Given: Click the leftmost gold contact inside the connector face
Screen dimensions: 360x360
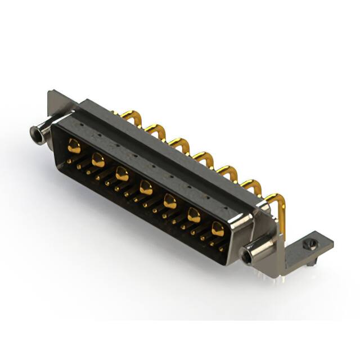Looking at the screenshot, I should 74,147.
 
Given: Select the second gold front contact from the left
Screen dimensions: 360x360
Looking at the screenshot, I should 98,160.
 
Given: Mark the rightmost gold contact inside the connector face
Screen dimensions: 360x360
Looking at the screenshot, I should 218,228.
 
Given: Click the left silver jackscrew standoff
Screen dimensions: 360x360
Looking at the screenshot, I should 39,134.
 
